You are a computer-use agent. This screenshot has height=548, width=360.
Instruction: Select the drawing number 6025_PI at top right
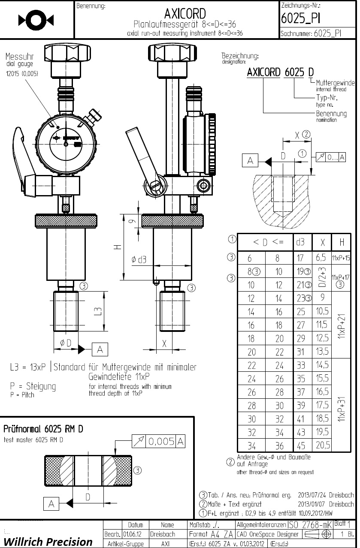[x=300, y=18]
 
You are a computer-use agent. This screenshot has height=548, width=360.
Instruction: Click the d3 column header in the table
[x=300, y=242]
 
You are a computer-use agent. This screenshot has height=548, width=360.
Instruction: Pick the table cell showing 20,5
[x=323, y=445]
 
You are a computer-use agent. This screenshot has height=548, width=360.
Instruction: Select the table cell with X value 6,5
[x=321, y=258]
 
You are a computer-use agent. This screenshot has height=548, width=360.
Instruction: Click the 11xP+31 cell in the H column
[x=342, y=405]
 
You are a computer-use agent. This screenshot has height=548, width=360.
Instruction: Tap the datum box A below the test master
[x=51, y=504]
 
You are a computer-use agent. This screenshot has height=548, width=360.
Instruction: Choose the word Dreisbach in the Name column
[x=162, y=534]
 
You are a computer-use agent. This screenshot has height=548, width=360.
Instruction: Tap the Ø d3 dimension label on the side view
[x=139, y=259]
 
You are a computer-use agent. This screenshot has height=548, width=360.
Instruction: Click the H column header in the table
[x=342, y=242]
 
